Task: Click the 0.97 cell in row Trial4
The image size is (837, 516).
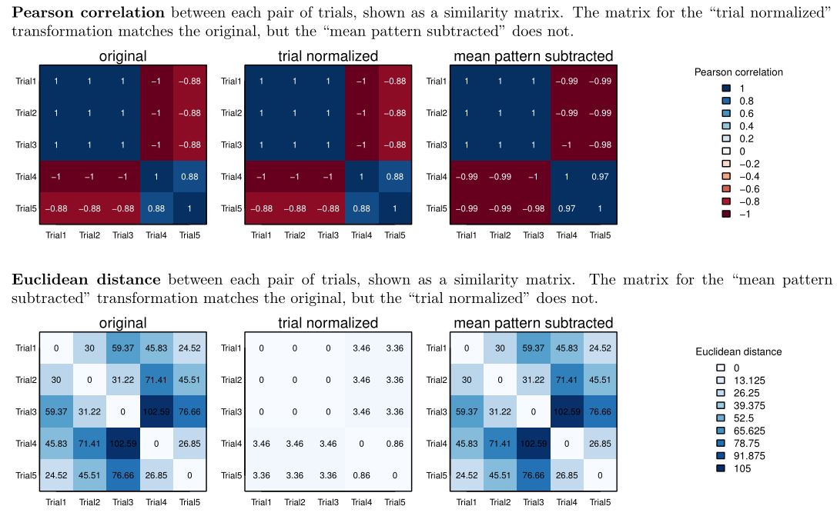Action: tap(599, 177)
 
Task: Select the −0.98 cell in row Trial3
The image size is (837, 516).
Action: tap(599, 145)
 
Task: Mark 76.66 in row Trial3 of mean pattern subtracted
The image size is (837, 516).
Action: tap(599, 411)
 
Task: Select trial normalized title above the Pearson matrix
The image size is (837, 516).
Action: tap(328, 56)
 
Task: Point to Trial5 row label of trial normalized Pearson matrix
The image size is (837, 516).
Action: tap(232, 209)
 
